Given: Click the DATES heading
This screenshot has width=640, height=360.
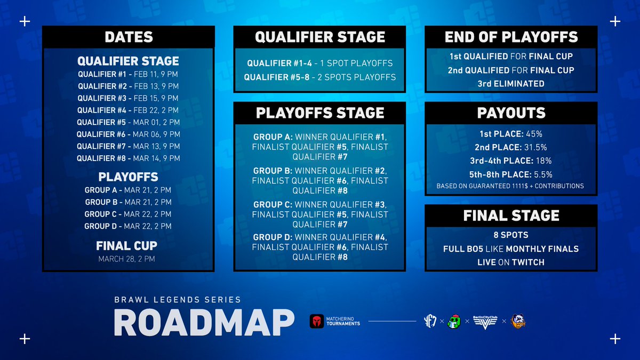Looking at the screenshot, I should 129,37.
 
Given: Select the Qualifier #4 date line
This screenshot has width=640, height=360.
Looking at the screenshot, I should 128,110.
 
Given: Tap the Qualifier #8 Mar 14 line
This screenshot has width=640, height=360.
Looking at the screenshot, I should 128,158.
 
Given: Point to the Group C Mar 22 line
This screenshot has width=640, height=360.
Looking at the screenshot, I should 128,214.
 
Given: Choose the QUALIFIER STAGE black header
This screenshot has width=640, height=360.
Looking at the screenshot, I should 319,37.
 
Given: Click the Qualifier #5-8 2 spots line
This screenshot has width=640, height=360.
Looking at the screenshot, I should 319,77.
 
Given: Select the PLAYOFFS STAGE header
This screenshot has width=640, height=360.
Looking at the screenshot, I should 319,113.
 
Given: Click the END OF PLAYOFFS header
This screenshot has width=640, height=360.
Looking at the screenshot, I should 511,37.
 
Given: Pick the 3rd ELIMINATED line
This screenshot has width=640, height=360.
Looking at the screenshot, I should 511,84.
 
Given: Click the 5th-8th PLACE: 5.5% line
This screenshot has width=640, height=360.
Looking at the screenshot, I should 511,174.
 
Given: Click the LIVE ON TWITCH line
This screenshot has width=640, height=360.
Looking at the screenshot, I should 511,262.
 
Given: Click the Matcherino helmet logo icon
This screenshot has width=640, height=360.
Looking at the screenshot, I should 317,321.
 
